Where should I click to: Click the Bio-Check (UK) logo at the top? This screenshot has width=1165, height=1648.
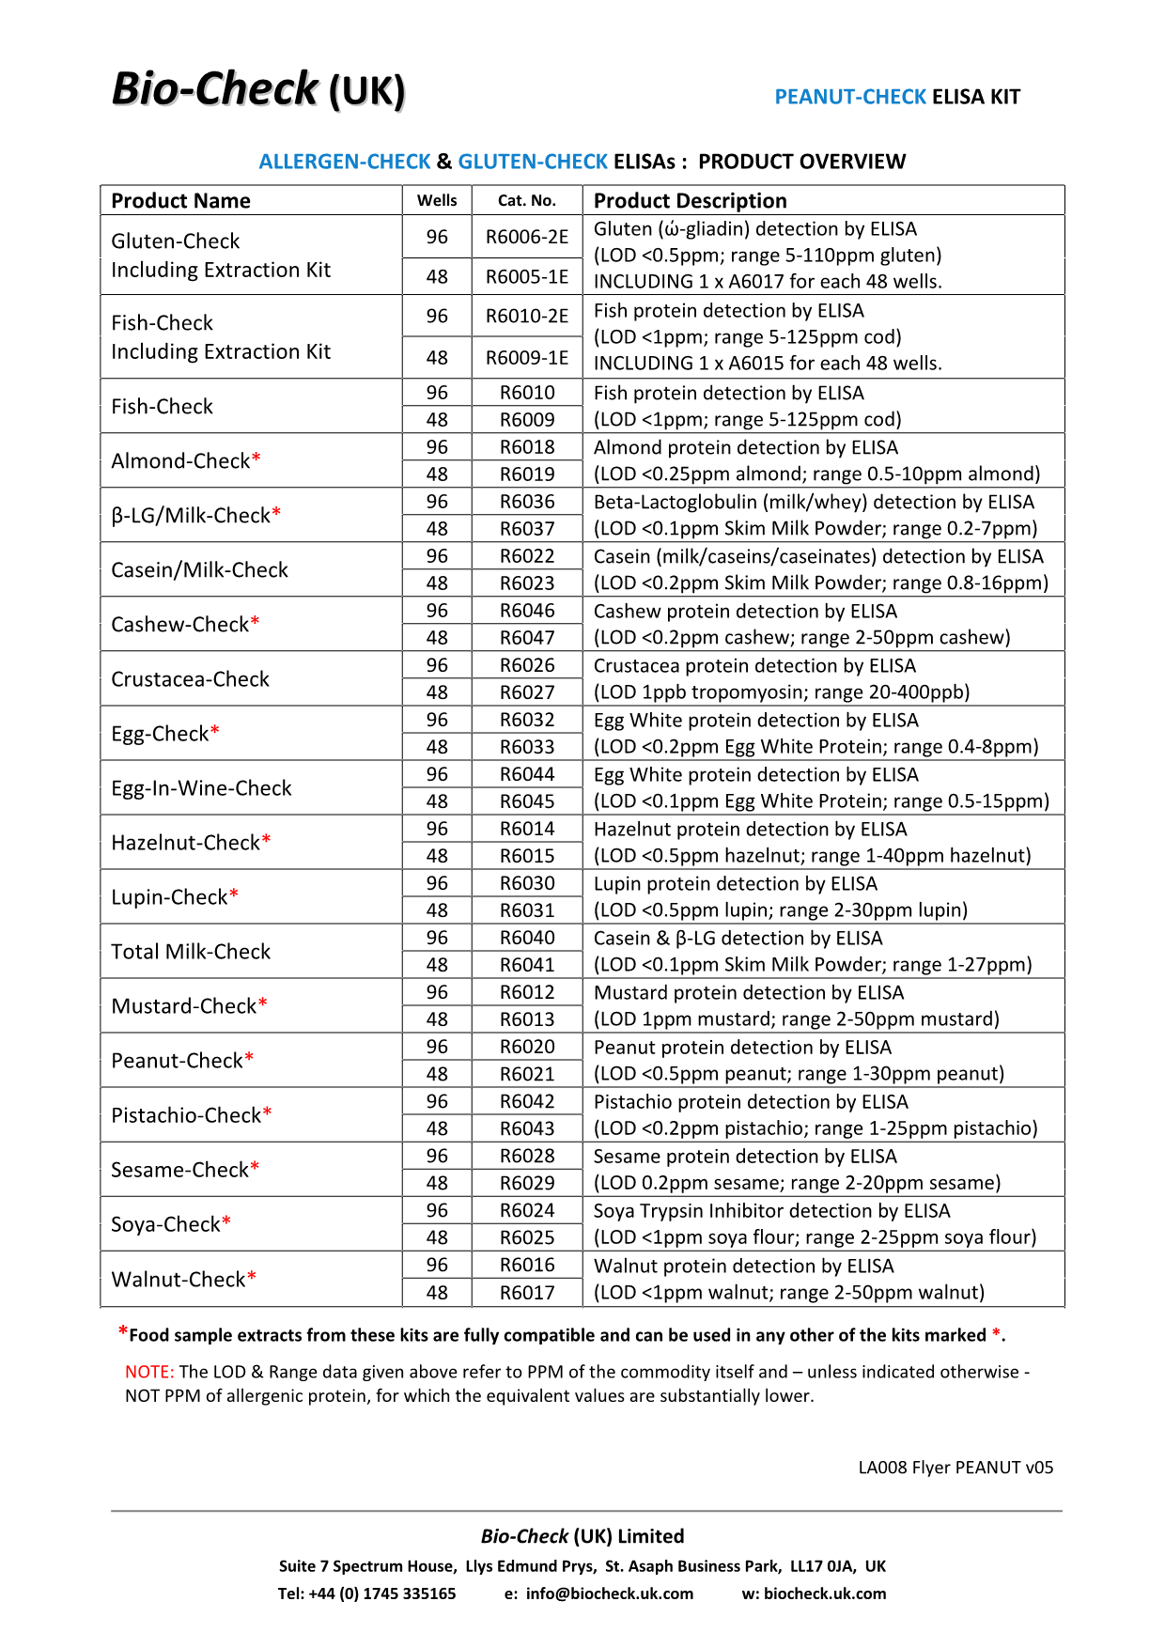258,90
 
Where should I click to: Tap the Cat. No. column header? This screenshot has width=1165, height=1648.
526,200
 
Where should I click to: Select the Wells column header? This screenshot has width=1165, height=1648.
437,200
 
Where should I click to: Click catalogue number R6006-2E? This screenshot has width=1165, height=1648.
526,237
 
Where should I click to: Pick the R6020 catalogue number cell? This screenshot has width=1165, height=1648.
527,1047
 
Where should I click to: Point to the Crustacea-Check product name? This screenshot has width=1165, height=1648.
190,678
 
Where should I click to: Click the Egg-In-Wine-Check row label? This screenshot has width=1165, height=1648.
201,787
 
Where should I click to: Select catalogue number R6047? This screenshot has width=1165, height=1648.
527,638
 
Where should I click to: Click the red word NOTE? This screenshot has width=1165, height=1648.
149,1372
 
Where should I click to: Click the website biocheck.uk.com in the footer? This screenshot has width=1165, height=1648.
825,1594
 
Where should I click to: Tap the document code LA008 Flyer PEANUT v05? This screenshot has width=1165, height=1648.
955,1468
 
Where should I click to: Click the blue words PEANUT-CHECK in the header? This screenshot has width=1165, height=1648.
850,97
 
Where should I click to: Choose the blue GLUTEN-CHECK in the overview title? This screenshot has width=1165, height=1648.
533,162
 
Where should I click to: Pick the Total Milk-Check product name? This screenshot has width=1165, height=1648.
191,951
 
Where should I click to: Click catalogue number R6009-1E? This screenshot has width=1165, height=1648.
526,358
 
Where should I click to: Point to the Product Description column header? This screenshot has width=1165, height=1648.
691,200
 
